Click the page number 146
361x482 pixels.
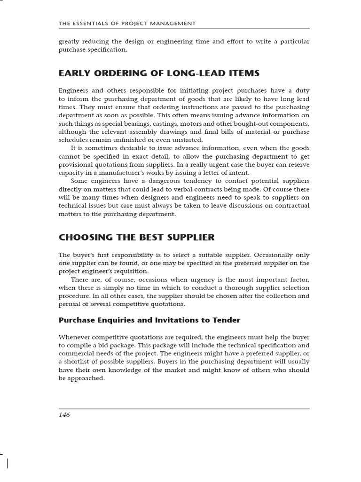[64, 415]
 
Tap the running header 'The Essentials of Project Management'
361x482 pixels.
[127, 23]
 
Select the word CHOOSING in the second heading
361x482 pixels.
[86, 237]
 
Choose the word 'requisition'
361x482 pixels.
[134, 271]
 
